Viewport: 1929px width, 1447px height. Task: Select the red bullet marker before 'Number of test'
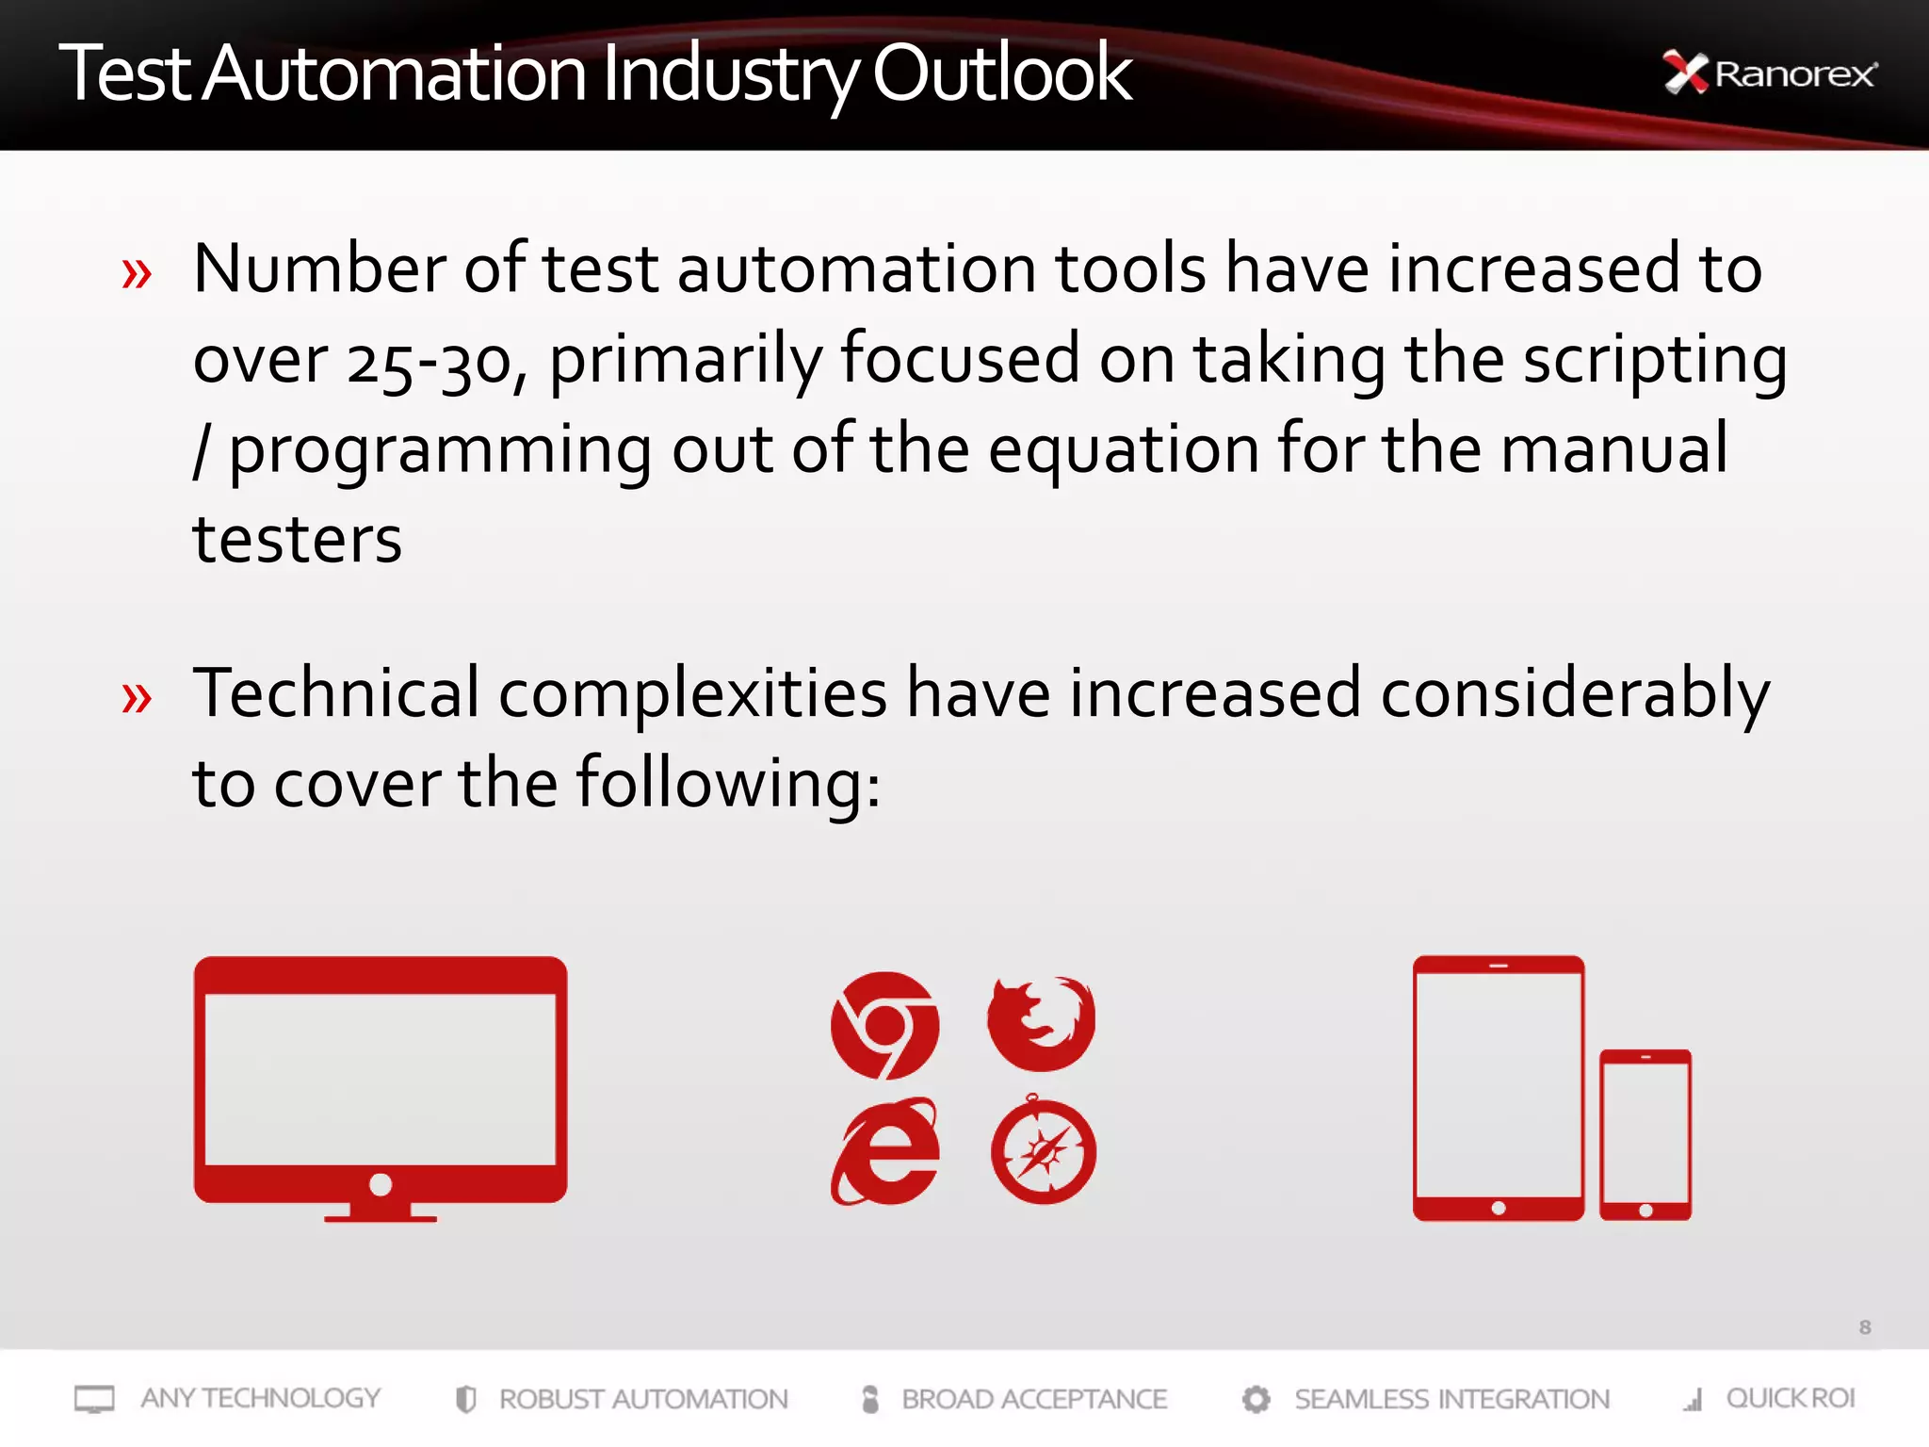[137, 274]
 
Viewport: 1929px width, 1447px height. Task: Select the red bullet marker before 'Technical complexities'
[137, 698]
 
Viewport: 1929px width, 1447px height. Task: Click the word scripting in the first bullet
[1655, 361]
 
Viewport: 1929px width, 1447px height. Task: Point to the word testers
[297, 540]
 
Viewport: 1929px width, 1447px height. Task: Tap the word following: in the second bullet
[728, 783]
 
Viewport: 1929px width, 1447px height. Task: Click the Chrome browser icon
[884, 1025]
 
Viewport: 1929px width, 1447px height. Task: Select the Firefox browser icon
[1042, 1023]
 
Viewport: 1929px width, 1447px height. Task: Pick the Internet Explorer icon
[884, 1152]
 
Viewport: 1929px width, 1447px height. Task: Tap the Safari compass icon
[1043, 1152]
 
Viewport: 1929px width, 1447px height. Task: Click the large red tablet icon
[1498, 1088]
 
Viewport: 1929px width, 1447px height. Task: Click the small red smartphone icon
[1645, 1134]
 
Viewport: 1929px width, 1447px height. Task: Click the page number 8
[1864, 1327]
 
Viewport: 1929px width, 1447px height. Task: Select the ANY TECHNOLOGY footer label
[260, 1398]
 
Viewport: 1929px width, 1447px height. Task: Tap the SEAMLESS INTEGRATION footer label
[1451, 1399]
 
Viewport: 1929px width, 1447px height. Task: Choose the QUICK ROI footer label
[1790, 1398]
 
